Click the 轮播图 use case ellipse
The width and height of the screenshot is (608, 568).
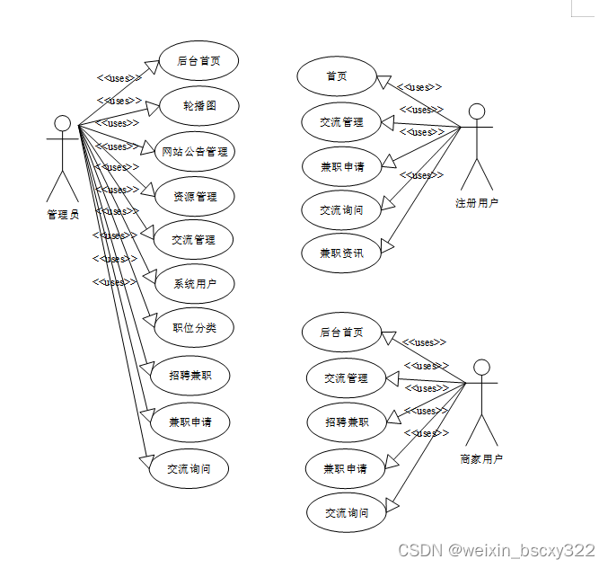[x=199, y=106]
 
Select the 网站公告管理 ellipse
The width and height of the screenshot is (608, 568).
[x=195, y=151]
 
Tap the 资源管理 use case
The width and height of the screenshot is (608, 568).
[x=195, y=196]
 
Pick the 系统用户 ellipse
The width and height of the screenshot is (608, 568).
[x=195, y=284]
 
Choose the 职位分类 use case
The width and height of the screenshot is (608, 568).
[x=195, y=327]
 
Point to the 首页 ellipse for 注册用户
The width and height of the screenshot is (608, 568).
[x=337, y=76]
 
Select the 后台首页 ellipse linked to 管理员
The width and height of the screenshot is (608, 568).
[x=199, y=61]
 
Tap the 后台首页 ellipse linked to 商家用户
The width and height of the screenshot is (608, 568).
[x=342, y=332]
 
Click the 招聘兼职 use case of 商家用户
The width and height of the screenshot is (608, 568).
[x=347, y=422]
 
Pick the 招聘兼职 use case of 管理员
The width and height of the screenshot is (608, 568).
[x=190, y=375]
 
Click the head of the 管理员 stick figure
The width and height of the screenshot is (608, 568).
[x=62, y=123]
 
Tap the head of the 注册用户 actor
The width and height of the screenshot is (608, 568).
[x=477, y=111]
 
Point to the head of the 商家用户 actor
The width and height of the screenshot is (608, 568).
[x=482, y=367]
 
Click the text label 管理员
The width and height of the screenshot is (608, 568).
[x=63, y=214]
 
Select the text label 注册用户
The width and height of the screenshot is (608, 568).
[x=477, y=202]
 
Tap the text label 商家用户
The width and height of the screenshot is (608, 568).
[x=481, y=458]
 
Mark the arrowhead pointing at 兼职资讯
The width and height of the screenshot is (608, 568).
[x=387, y=244]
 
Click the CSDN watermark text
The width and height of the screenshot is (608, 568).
[x=497, y=550]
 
